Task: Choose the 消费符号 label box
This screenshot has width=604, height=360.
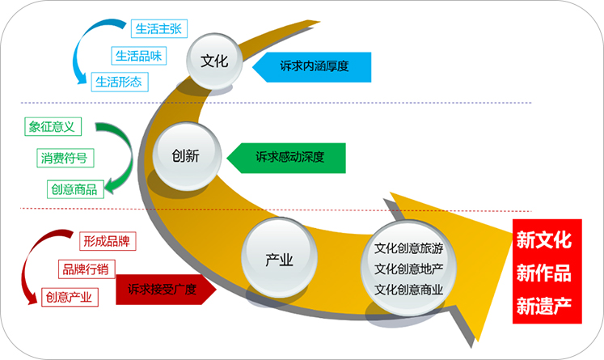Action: point(65,158)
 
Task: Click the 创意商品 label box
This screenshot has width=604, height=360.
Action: point(74,188)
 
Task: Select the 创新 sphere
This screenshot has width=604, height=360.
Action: point(185,154)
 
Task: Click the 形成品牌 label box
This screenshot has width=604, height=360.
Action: point(107,240)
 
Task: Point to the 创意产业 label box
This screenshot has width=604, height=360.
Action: point(69,297)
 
